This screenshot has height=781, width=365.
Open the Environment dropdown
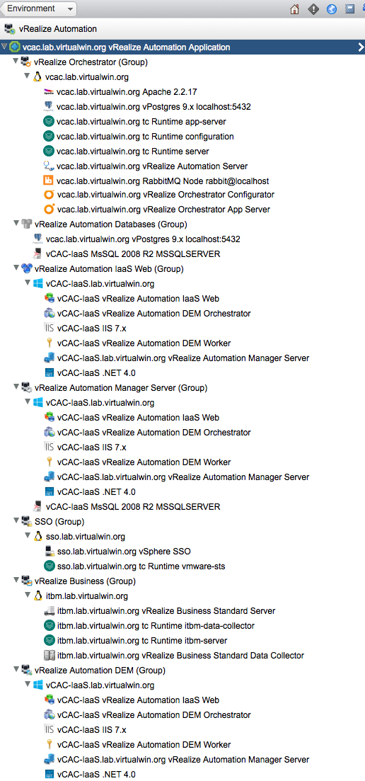pyautogui.click(x=40, y=8)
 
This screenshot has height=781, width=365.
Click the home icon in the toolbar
pyautogui.click(x=294, y=9)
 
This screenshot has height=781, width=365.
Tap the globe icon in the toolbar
pyautogui.click(x=332, y=9)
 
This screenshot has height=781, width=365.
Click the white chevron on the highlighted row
pyautogui.click(x=361, y=47)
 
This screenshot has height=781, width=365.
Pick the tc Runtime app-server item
pyautogui.click(x=141, y=121)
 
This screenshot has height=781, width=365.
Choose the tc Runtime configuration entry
pyautogui.click(x=145, y=136)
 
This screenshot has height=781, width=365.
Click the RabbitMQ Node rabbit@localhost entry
pyautogui.click(x=163, y=181)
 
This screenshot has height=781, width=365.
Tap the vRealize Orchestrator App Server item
pyautogui.click(x=164, y=210)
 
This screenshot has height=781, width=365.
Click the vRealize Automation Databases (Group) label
pyautogui.click(x=111, y=224)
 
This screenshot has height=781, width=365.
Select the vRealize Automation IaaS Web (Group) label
pyautogui.click(x=110, y=269)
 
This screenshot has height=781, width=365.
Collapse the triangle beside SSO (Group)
pyautogui.click(x=16, y=521)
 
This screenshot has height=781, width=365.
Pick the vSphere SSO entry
pyautogui.click(x=124, y=552)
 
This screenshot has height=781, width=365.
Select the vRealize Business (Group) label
pyautogui.click(x=85, y=581)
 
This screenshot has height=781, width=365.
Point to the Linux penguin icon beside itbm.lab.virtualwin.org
pyautogui.click(x=37, y=595)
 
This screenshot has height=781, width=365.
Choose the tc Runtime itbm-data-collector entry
pyautogui.click(x=155, y=626)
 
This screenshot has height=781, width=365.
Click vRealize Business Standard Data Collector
pyautogui.click(x=180, y=656)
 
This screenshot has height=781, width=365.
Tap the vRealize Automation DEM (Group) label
pyautogui.click(x=100, y=671)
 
